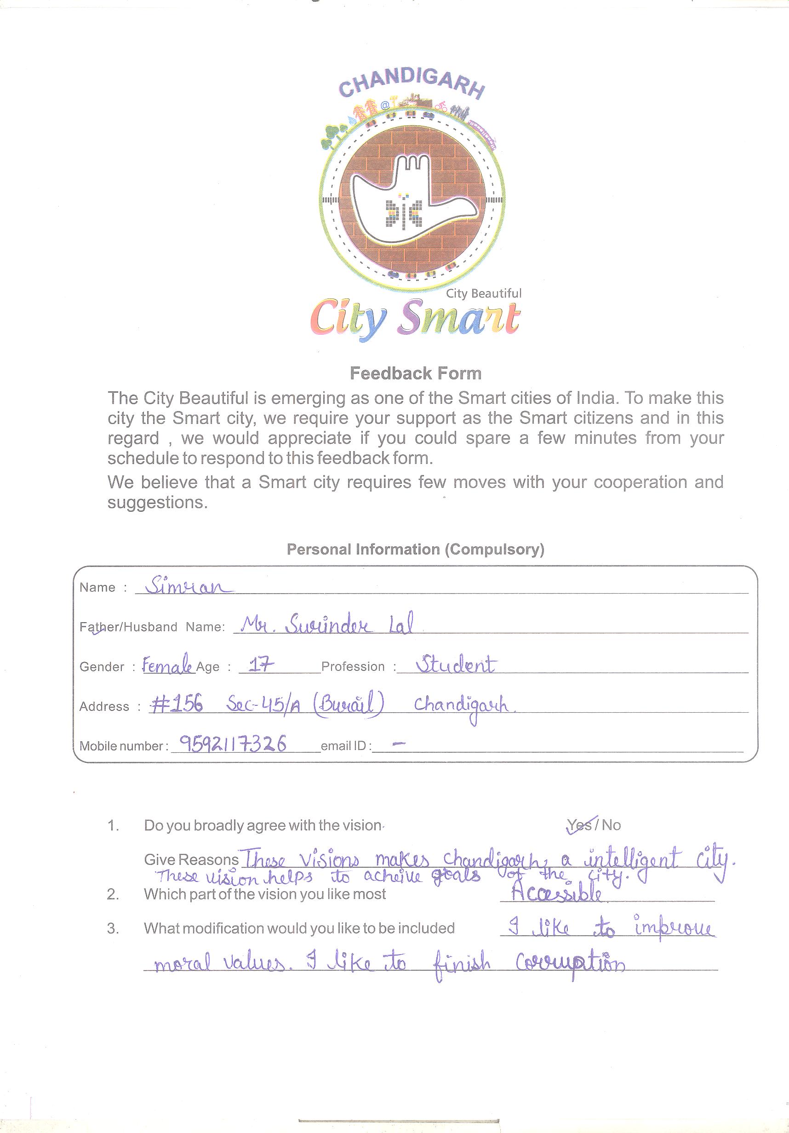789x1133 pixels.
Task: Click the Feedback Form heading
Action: pyautogui.click(x=416, y=373)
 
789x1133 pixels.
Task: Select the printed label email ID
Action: pyautogui.click(x=345, y=746)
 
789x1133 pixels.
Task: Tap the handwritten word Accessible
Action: pyautogui.click(x=557, y=894)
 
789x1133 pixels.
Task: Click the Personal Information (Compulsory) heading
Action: pyautogui.click(x=416, y=549)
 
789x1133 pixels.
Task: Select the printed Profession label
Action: pyautogui.click(x=353, y=667)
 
